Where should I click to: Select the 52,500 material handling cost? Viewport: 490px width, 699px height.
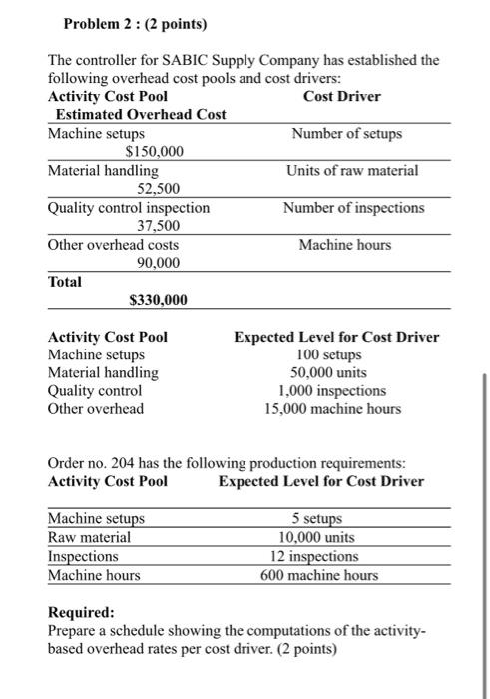click(158, 189)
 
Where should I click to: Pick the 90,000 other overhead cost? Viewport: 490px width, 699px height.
click(158, 263)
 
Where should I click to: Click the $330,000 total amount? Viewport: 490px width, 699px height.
click(158, 300)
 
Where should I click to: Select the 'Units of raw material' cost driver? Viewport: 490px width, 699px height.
click(352, 171)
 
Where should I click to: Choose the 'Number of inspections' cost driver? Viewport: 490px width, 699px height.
click(352, 208)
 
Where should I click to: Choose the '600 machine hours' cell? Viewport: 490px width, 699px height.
click(319, 575)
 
